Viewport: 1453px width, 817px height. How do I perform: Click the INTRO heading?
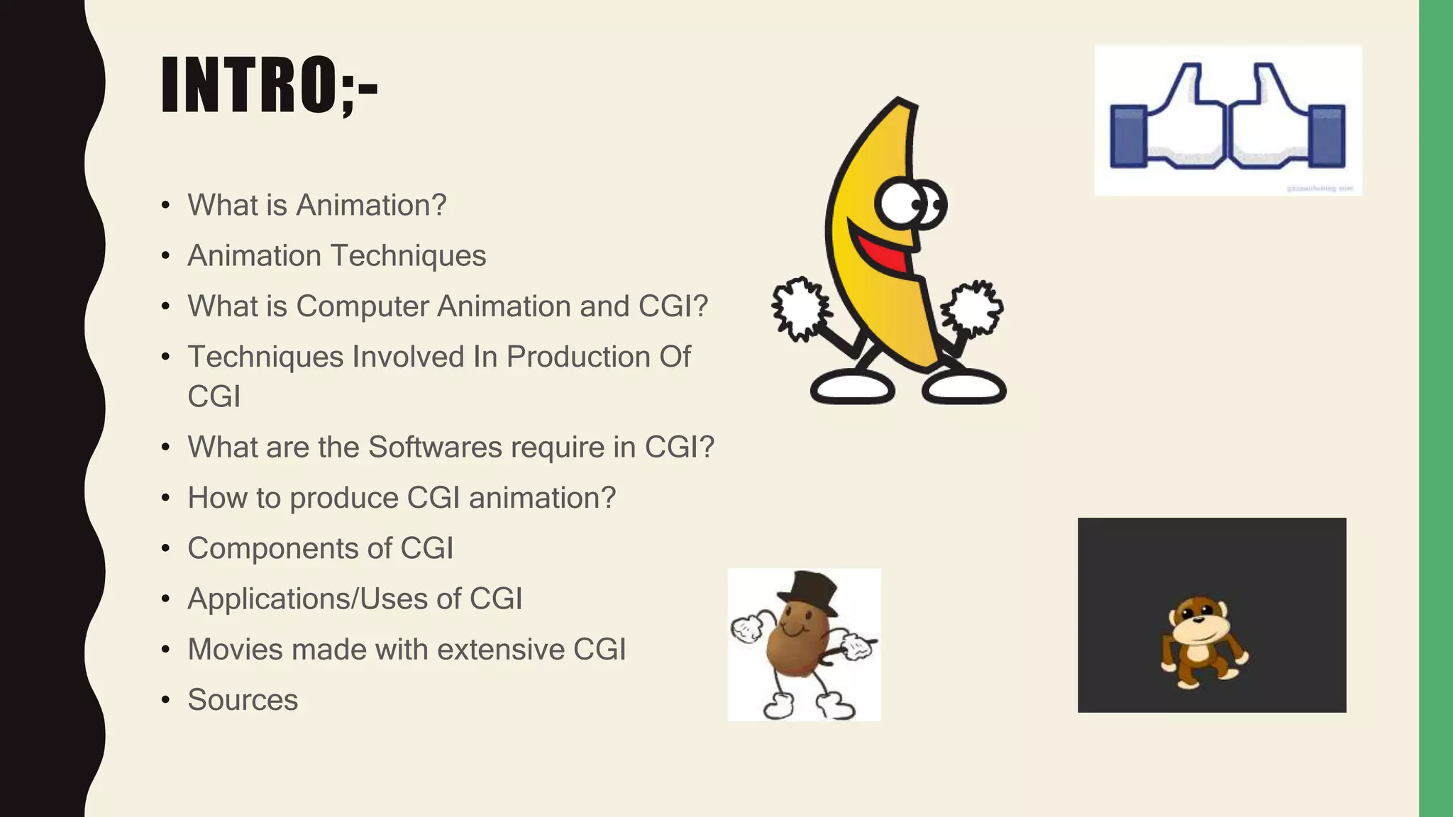(x=270, y=85)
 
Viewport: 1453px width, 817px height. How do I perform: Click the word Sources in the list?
(x=243, y=700)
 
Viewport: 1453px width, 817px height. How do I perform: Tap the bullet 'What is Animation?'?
(x=316, y=205)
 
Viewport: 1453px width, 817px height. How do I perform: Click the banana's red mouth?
(x=883, y=252)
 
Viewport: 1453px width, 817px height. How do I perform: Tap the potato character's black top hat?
(x=807, y=591)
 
